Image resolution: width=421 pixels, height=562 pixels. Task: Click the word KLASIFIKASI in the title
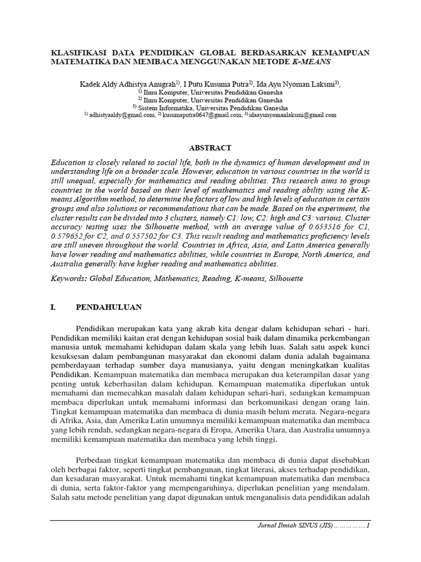[78, 52]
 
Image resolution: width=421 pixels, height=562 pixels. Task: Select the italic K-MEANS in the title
[313, 62]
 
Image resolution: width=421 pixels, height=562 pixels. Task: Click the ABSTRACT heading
[210, 148]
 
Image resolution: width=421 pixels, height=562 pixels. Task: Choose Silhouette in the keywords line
[283, 279]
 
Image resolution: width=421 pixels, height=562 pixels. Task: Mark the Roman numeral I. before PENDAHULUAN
[53, 307]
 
